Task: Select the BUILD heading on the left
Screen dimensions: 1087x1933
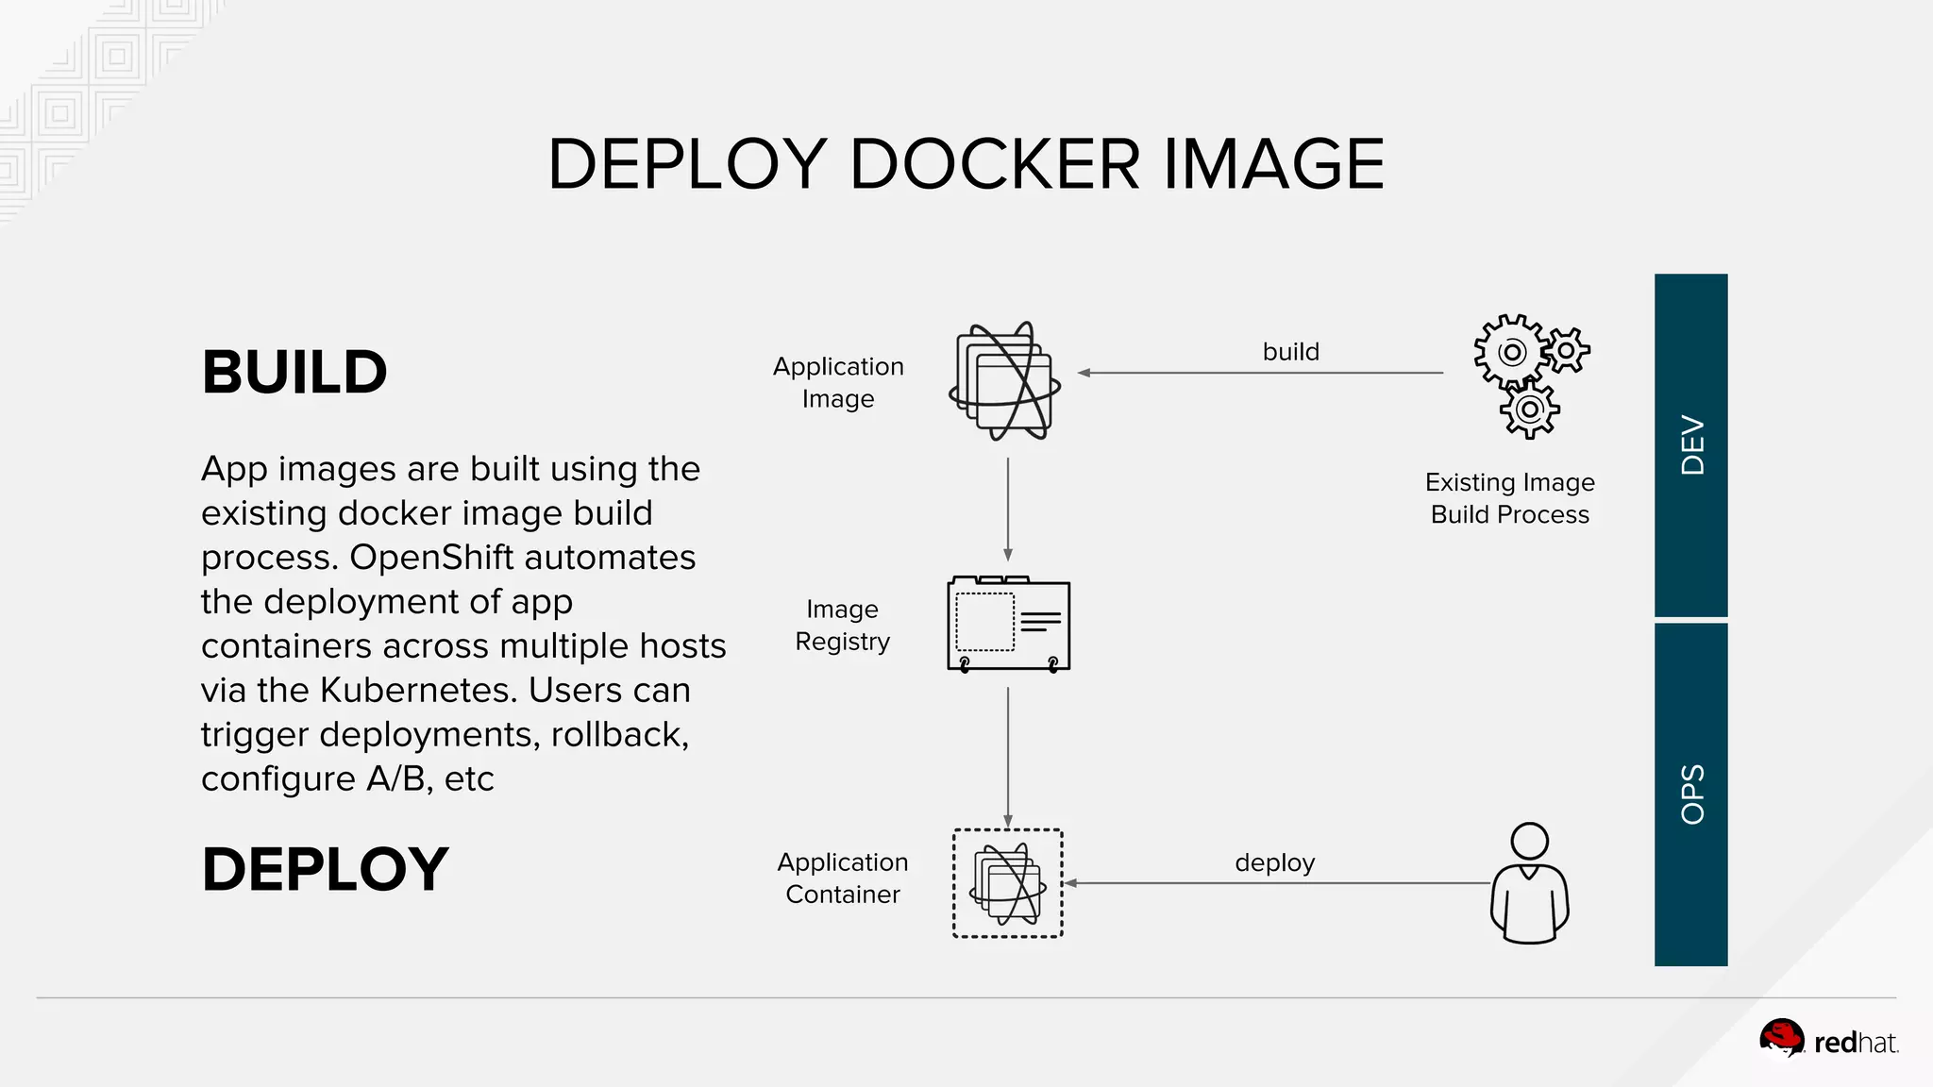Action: click(294, 372)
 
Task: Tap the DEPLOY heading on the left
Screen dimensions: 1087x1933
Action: click(325, 869)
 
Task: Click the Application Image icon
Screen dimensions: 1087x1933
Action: click(1005, 381)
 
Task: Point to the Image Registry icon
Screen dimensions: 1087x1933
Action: click(1008, 625)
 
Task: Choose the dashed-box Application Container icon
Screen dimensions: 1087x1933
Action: click(1008, 883)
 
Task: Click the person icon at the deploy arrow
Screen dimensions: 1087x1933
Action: click(1529, 883)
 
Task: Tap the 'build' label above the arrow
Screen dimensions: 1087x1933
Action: click(1290, 352)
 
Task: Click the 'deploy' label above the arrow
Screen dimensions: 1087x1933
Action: click(1274, 862)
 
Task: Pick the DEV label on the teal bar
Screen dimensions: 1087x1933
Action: click(1692, 445)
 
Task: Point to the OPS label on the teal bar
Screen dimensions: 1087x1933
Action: click(1692, 794)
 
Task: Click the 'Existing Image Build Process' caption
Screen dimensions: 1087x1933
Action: click(1509, 498)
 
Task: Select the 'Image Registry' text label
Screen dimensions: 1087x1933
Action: click(842, 626)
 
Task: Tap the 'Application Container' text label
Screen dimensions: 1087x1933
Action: click(842, 878)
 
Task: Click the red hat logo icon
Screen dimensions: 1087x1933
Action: click(1781, 1039)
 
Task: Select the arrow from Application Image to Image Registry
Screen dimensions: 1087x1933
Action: click(1008, 510)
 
